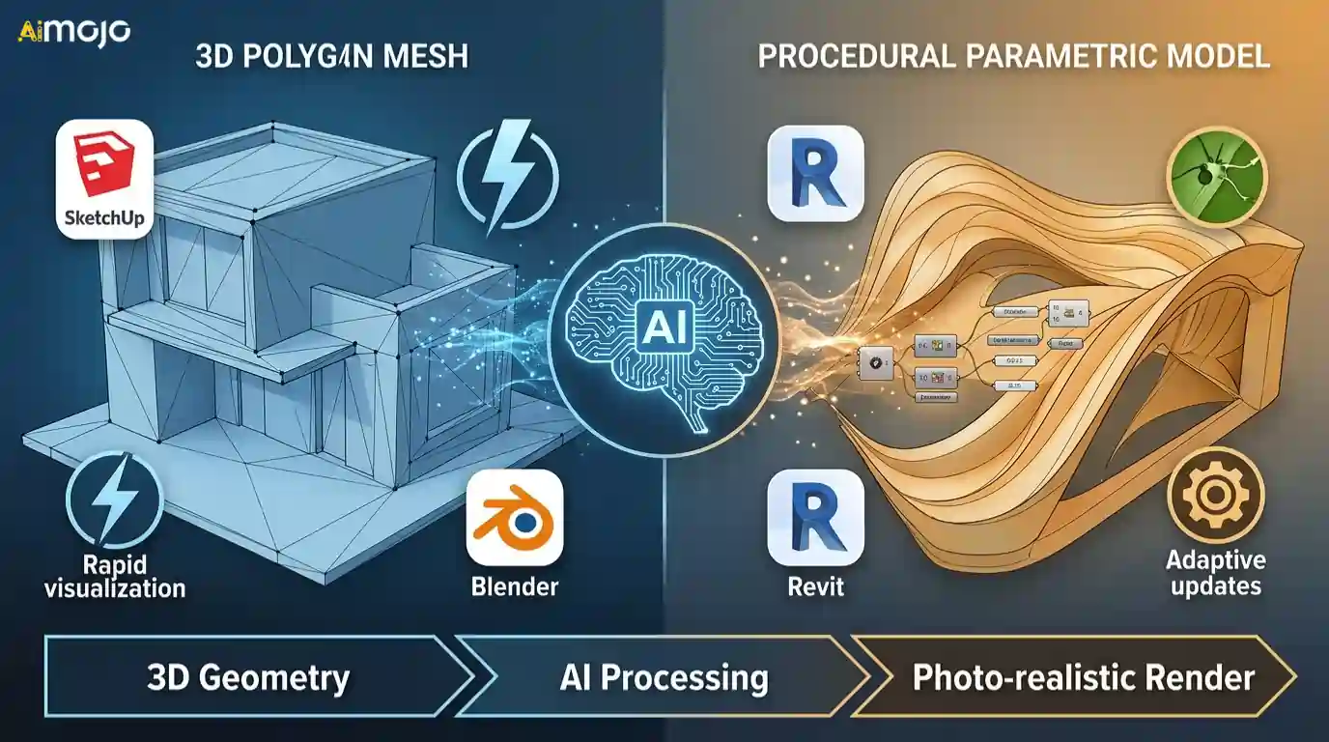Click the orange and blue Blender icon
514,517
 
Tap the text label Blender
514,586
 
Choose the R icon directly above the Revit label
815,517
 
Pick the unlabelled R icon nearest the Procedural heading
815,173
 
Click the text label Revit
815,586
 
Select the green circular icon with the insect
1214,173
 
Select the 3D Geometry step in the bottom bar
248,677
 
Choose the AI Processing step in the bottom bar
664,677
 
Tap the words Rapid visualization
114,575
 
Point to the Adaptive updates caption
1215,572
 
